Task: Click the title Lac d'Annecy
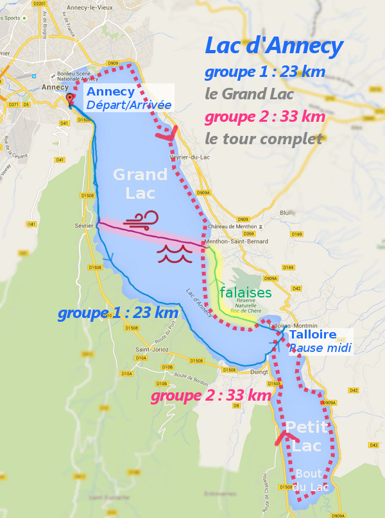pyautogui.click(x=273, y=46)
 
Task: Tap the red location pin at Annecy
pyautogui.click(x=70, y=99)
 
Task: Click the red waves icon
pyautogui.click(x=171, y=253)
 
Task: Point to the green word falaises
pyautogui.click(x=243, y=292)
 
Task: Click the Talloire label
pyautogui.click(x=313, y=335)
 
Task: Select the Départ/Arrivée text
pyautogui.click(x=129, y=105)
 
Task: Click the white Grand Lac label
pyautogui.click(x=140, y=183)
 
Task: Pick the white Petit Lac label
pyautogui.click(x=307, y=436)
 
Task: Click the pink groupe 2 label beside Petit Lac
pyautogui.click(x=210, y=396)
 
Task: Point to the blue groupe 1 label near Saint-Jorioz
pyautogui.click(x=117, y=313)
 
